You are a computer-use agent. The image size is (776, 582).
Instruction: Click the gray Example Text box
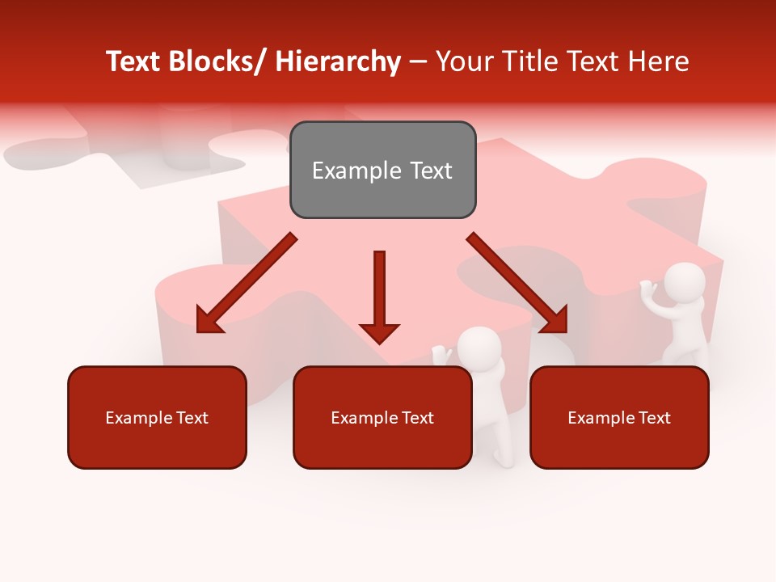pyautogui.click(x=382, y=170)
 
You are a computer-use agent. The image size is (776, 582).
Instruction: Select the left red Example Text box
pyautogui.click(x=157, y=417)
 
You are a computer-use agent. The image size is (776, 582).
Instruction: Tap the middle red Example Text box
pyautogui.click(x=382, y=417)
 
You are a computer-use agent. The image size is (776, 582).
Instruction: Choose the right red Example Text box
pyautogui.click(x=619, y=417)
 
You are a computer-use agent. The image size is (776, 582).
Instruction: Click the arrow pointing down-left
pyautogui.click(x=247, y=283)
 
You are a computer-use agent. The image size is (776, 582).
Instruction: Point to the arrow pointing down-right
pyautogui.click(x=517, y=283)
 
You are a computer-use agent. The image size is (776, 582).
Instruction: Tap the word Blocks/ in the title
pyautogui.click(x=220, y=61)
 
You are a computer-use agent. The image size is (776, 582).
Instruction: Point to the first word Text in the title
pyautogui.click(x=134, y=61)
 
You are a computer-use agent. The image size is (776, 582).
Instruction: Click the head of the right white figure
pyautogui.click(x=684, y=284)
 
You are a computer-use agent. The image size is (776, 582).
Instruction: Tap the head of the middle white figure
pyautogui.click(x=479, y=348)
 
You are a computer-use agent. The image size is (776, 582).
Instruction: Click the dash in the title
pyautogui.click(x=418, y=61)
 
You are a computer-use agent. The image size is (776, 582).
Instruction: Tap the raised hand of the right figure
pyautogui.click(x=647, y=286)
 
